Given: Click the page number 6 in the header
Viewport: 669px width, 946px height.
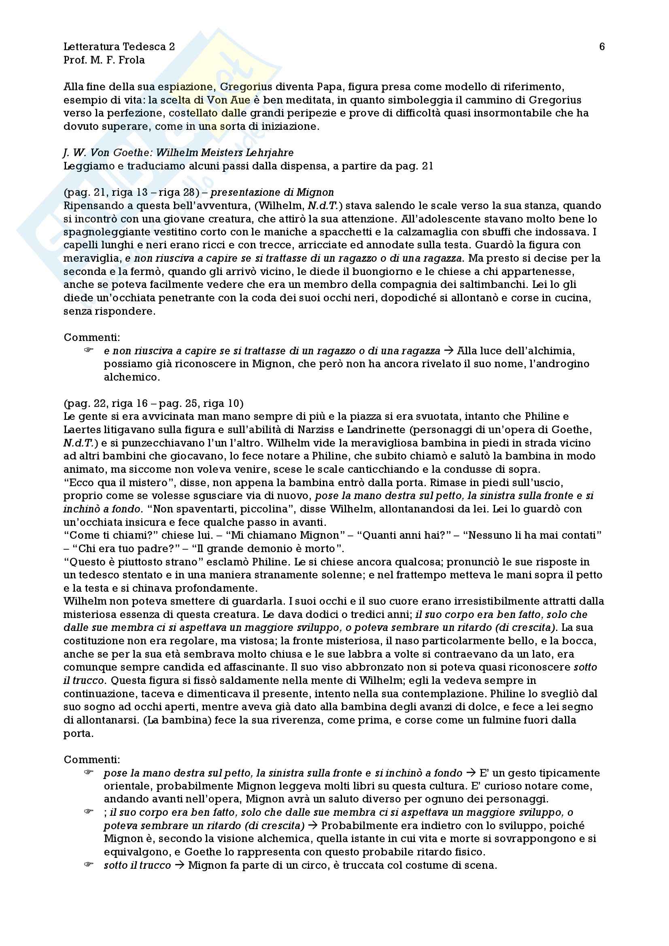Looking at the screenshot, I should pyautogui.click(x=601, y=47).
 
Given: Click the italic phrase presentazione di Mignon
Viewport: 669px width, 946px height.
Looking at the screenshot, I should pyautogui.click(x=272, y=193).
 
